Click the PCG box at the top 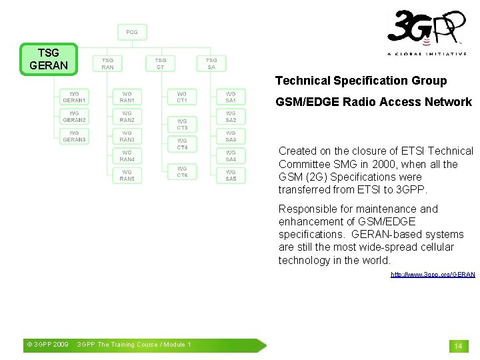point(132,32)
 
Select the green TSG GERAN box point(49,59)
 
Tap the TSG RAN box point(107,63)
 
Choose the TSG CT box point(161,63)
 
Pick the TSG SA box point(211,63)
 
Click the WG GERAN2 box point(74,117)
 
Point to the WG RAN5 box point(127,175)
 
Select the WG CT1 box point(182,97)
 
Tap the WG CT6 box point(182,172)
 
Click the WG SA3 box point(231,136)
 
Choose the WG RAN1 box point(127,97)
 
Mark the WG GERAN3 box point(74,136)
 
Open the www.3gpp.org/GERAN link point(433,275)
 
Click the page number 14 point(458,346)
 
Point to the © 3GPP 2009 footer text point(47,345)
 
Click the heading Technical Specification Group point(361,81)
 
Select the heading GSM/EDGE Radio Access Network point(373,102)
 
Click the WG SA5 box point(231,175)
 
